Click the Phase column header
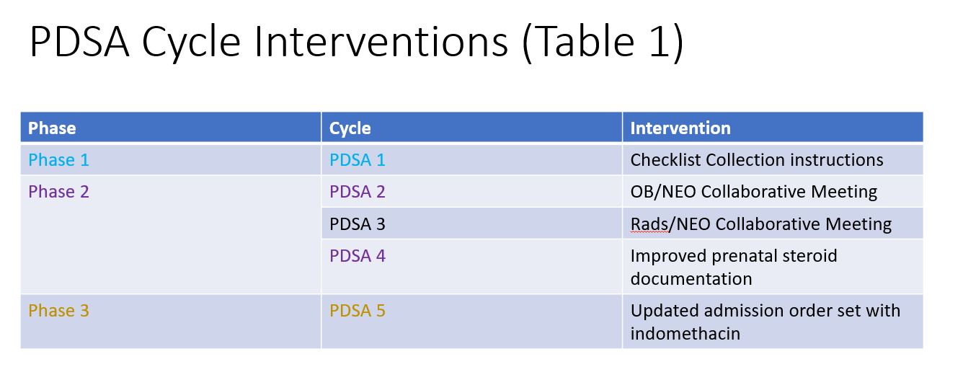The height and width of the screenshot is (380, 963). click(x=52, y=128)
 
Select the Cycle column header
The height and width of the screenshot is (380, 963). click(x=350, y=128)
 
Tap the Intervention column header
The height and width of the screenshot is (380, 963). click(x=680, y=128)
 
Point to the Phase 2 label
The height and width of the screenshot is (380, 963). click(x=58, y=192)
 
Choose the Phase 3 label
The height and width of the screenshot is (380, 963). click(x=58, y=311)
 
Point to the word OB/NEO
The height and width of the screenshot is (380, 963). click(x=663, y=192)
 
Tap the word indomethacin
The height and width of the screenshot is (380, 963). click(x=685, y=334)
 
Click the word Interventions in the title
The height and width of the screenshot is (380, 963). click(x=381, y=42)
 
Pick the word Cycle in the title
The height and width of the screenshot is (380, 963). click(x=191, y=44)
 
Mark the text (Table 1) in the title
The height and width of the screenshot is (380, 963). click(x=603, y=43)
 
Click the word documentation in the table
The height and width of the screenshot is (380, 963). click(x=691, y=279)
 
